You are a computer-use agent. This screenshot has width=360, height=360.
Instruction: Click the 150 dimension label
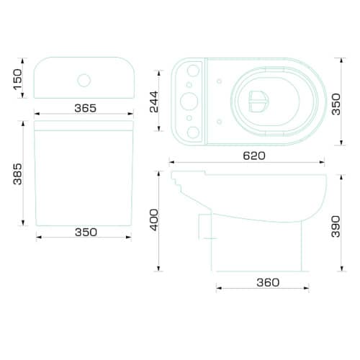pos(17,79)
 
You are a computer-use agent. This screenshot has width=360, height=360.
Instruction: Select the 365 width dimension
pos(86,108)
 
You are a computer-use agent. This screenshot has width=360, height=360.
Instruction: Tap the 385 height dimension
pos(17,174)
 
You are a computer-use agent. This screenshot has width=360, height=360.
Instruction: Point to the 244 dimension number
pos(154,102)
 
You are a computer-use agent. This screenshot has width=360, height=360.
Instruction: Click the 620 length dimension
pos(254,156)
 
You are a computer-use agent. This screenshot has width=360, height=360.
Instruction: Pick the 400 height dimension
pos(154,220)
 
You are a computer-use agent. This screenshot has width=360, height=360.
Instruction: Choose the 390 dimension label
pos(336,227)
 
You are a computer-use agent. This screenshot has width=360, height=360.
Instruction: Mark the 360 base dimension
pos(268,282)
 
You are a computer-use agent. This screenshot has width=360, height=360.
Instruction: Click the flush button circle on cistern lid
pos(84,80)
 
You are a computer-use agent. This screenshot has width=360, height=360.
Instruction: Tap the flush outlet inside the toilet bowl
pos(258,102)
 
